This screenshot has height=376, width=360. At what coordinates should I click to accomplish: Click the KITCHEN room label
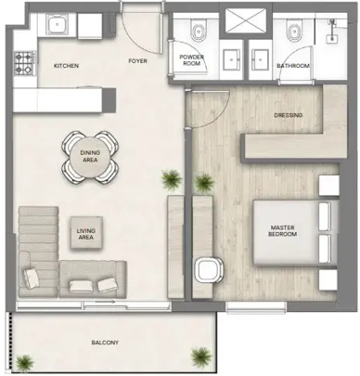66,66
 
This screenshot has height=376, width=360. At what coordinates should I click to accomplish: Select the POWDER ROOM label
193,60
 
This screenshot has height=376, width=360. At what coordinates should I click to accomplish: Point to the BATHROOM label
293,66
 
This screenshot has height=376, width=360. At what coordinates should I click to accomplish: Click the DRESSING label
288,116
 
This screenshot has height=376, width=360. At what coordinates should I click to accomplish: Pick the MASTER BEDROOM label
283,230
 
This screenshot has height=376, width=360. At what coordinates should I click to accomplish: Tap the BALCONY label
105,344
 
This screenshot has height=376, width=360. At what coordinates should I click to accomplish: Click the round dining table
90,155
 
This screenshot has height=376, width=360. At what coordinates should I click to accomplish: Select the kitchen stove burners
24,62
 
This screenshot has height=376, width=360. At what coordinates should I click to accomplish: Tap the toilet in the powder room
195,34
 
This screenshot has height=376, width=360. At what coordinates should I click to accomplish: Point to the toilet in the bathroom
295,34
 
